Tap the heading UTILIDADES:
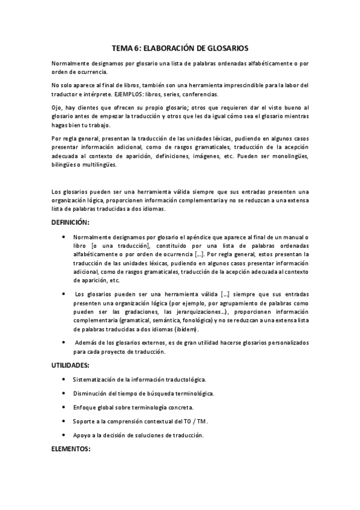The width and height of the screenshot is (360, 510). [71, 365]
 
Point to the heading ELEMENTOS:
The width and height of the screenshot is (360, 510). [71, 449]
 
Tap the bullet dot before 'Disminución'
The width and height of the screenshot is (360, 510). [64, 393]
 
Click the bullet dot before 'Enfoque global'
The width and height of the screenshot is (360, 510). [64, 407]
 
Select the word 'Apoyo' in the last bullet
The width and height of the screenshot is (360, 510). [82, 435]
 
